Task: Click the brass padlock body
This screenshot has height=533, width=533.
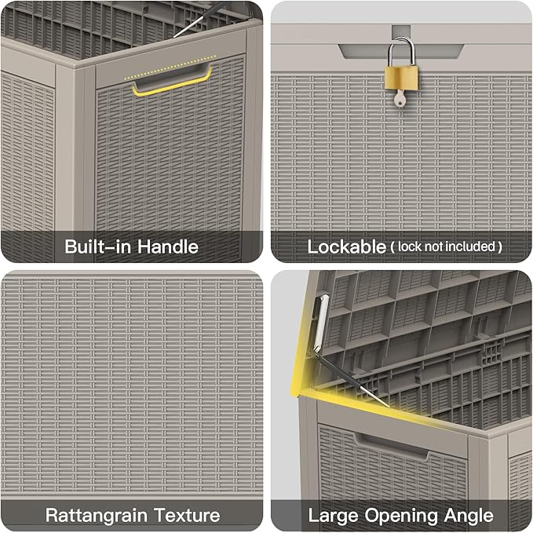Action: (x=401, y=78)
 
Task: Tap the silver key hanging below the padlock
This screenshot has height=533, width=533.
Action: (x=400, y=98)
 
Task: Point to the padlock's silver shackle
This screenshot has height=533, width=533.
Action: (x=401, y=51)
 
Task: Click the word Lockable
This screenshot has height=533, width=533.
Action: (x=346, y=246)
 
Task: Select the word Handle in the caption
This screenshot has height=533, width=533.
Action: (x=168, y=246)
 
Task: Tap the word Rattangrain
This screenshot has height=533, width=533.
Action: (x=97, y=516)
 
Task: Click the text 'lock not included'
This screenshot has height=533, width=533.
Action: (x=447, y=246)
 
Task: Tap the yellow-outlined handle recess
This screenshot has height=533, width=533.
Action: (x=172, y=81)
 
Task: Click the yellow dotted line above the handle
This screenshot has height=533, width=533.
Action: (x=170, y=67)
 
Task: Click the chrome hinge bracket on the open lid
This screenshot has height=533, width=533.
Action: (x=320, y=323)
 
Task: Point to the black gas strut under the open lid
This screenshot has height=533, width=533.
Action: (x=352, y=379)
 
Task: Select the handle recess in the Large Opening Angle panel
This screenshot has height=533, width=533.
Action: (x=391, y=447)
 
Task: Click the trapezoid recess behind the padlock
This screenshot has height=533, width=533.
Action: (x=401, y=51)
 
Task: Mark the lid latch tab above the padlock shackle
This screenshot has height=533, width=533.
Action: (x=401, y=33)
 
